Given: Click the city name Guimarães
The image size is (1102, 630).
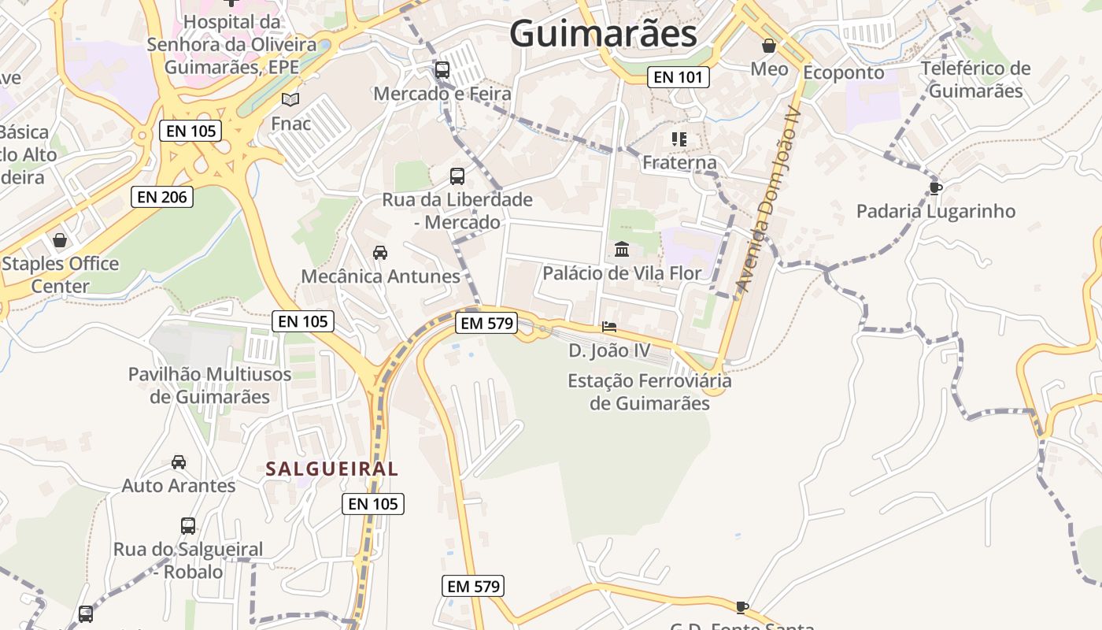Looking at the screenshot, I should point(603,34).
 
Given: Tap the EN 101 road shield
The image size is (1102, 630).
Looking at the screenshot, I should point(679,77).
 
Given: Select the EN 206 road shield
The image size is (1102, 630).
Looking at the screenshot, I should point(162,197).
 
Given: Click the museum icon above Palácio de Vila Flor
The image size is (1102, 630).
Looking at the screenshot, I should point(622,250).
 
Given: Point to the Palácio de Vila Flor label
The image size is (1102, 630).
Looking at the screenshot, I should point(622,273).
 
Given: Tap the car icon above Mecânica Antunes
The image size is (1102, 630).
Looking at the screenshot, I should point(380,253).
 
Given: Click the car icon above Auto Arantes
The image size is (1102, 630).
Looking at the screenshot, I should point(179,462).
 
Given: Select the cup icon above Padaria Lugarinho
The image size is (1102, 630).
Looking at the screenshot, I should point(935,188).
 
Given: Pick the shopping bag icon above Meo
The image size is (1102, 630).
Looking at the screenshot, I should point(769,46).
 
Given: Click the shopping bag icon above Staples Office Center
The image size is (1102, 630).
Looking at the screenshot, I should point(60,240).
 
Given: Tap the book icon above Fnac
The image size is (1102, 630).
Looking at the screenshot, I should point(290,100).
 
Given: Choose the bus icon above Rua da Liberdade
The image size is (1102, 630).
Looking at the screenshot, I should point(457,176).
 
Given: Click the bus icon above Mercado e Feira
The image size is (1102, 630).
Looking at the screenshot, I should point(442,70).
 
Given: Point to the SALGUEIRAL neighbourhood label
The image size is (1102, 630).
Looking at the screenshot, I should point(331,469).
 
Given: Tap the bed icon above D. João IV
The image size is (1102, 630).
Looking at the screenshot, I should point(609,327).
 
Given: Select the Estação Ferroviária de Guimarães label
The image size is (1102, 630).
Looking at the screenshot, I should point(649,392).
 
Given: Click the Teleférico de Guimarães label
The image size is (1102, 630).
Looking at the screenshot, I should point(975,80).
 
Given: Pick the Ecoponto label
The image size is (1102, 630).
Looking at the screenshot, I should point(843,72).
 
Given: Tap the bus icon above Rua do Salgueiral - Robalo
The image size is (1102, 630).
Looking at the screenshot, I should point(188,525).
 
